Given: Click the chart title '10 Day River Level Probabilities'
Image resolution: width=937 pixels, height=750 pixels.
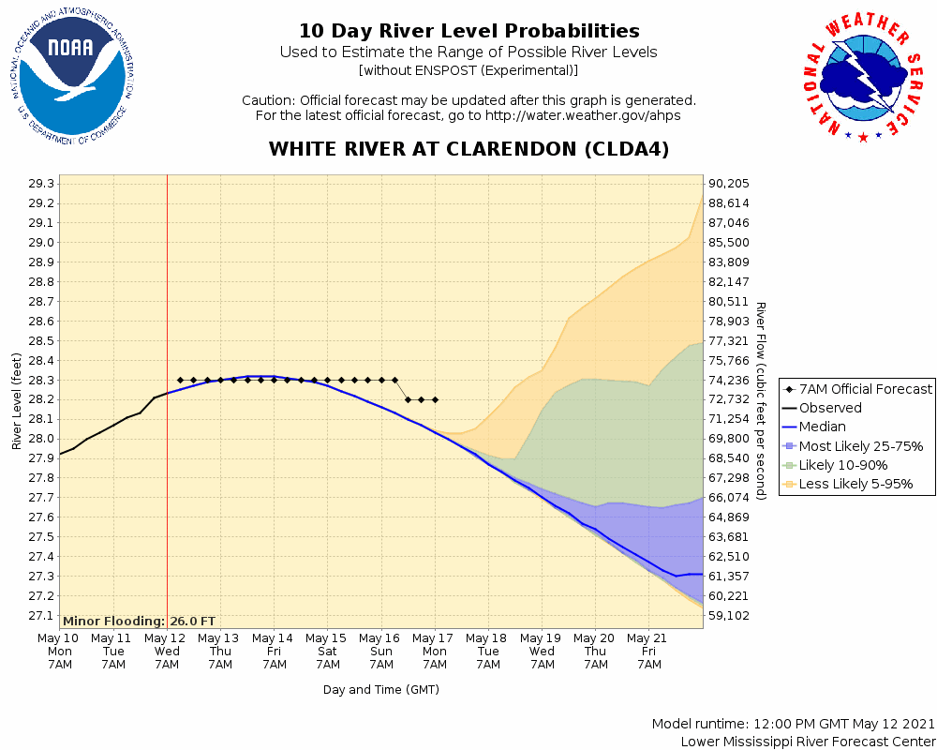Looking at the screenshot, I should tap(468, 32).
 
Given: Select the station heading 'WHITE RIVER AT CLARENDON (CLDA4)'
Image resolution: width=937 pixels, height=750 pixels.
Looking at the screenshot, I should tap(468, 149).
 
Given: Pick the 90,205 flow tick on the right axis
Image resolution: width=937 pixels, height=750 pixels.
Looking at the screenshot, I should tap(728, 184).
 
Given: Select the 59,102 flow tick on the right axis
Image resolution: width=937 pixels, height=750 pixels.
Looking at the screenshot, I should tap(728, 616).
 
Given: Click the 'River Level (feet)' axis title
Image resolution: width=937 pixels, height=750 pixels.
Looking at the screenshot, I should tap(17, 400).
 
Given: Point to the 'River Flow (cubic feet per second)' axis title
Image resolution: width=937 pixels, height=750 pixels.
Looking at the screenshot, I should tap(761, 400).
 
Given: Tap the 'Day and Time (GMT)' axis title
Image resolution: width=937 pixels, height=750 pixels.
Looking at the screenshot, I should tap(381, 690).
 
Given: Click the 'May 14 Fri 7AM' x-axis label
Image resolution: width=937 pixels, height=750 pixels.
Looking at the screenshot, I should tap(275, 651).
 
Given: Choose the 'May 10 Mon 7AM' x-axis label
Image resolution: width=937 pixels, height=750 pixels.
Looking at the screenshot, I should tap(59, 651).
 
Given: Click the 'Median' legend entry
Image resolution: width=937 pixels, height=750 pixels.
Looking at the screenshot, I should tap(823, 427).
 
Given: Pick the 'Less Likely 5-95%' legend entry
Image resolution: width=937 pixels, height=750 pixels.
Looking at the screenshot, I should tap(855, 485).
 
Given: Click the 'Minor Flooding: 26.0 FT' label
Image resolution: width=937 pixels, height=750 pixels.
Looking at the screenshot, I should tap(139, 621).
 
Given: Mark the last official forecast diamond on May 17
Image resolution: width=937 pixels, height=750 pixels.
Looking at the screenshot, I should tap(435, 399).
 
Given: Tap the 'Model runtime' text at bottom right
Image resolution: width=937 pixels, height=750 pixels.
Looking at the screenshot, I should tap(793, 725).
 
